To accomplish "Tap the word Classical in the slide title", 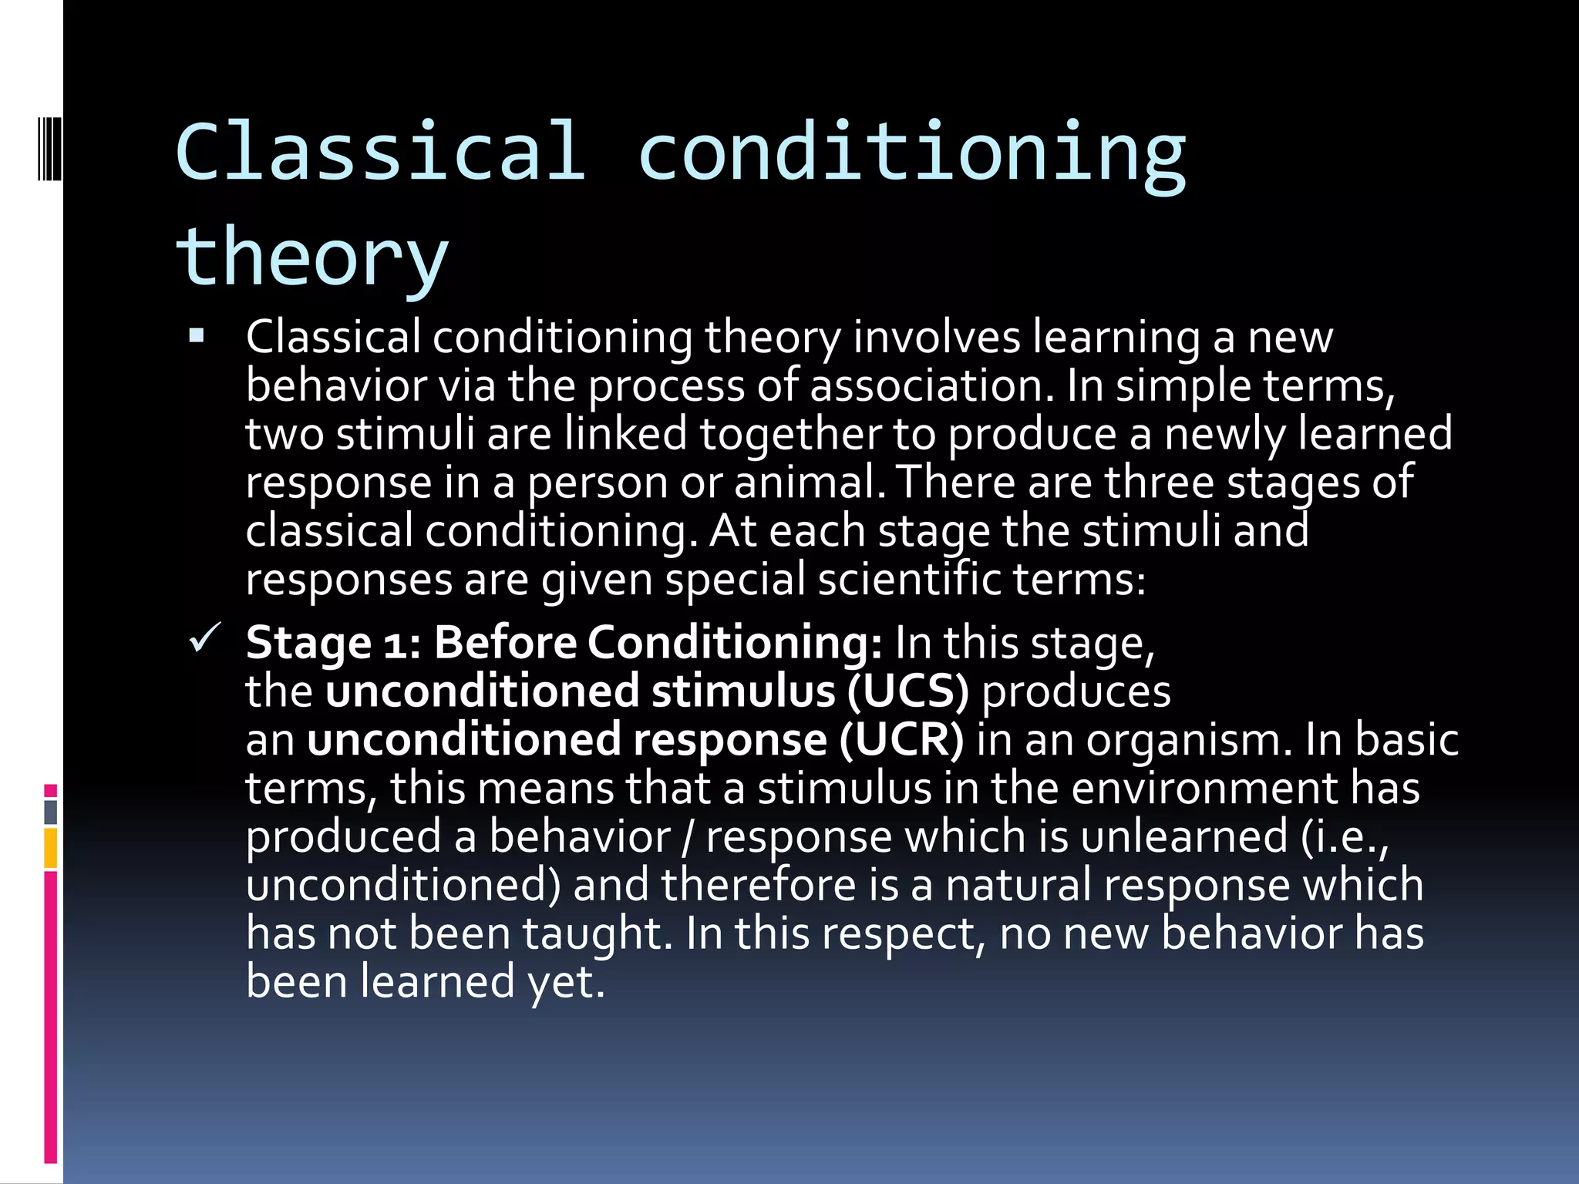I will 379,152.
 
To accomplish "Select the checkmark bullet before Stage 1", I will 205,638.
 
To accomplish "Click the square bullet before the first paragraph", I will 197,336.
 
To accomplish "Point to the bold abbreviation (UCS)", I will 907,691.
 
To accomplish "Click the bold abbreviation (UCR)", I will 901,740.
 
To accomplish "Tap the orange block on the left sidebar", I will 50,848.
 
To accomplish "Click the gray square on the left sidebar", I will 50,812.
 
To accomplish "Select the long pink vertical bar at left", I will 50,1016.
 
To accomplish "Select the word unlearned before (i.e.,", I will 1184,837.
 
